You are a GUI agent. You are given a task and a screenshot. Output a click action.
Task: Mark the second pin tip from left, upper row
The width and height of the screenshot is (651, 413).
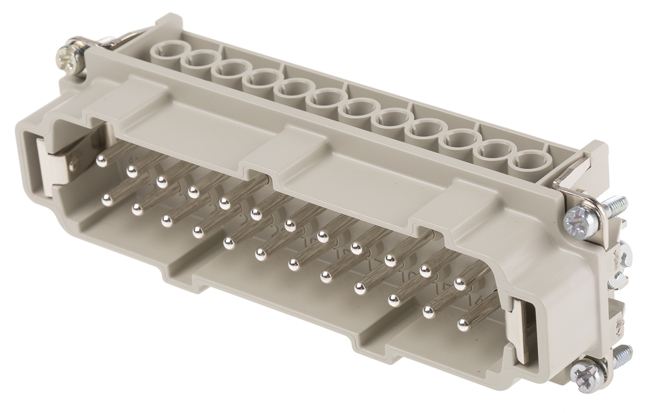click(x=131, y=172)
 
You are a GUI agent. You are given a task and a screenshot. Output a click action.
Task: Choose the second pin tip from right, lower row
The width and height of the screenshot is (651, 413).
click(x=429, y=312)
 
